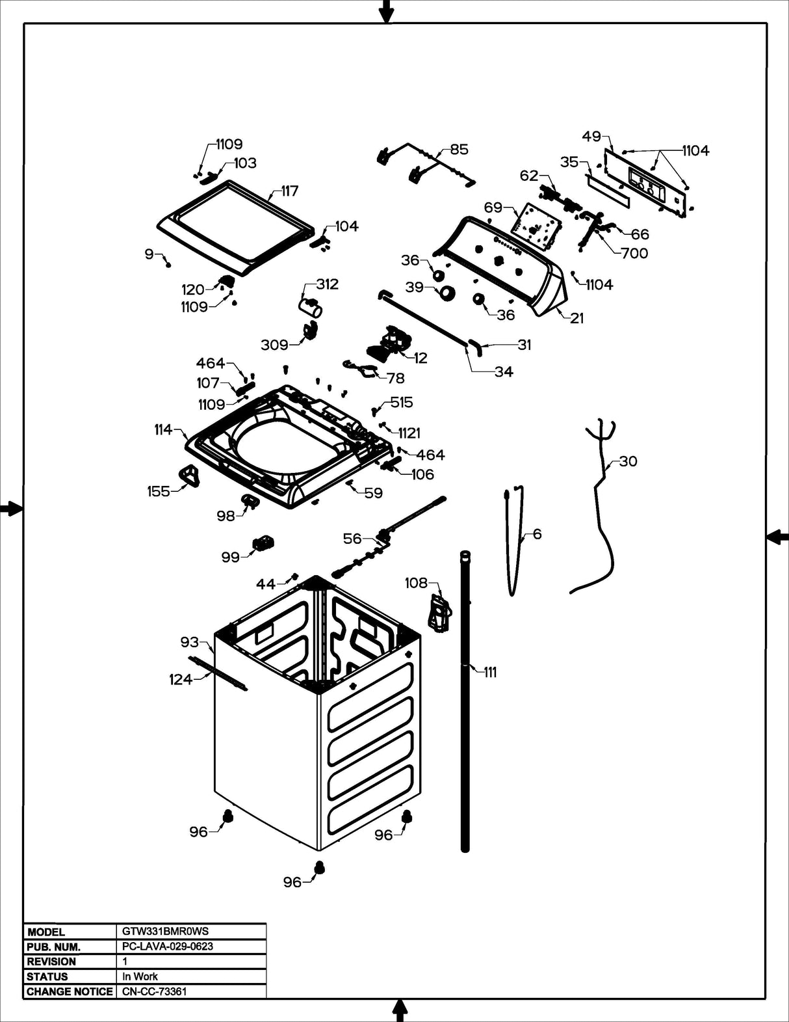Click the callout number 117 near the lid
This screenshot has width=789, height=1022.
[x=289, y=191]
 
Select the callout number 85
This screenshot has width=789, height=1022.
[x=459, y=150]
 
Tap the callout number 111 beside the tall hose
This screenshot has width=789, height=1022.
[x=490, y=673]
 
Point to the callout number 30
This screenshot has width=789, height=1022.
[x=628, y=461]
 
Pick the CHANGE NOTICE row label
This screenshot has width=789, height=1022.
[x=70, y=991]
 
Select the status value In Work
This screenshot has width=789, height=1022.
[x=141, y=976]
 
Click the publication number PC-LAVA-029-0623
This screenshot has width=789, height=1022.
[x=168, y=947]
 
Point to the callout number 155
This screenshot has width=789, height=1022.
[x=158, y=492]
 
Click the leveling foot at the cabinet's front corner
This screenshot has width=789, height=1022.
[x=319, y=867]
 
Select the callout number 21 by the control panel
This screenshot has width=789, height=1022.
[x=577, y=318]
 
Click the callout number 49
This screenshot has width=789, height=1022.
[x=591, y=137]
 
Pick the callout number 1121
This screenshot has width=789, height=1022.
[x=409, y=433]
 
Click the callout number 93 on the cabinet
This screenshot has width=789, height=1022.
[x=189, y=643]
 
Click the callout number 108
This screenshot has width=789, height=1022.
[x=416, y=583]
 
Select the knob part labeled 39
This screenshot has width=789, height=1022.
[x=446, y=293]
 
